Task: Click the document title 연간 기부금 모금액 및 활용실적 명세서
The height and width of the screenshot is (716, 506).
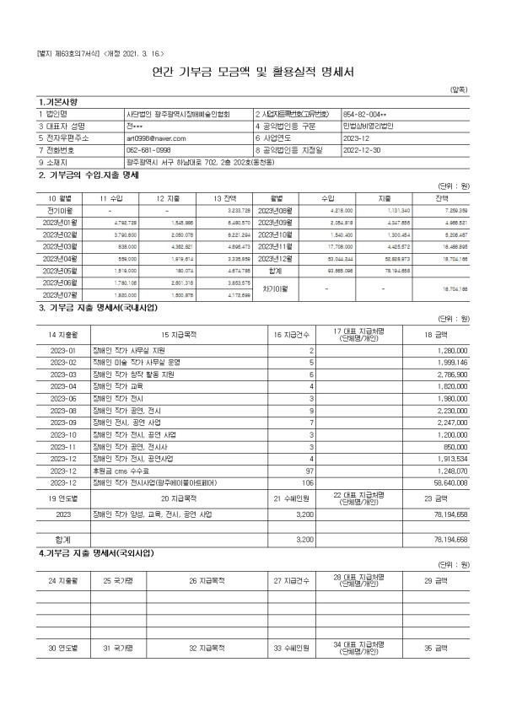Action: (253, 72)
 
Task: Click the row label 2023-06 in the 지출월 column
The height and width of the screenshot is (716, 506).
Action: (63, 397)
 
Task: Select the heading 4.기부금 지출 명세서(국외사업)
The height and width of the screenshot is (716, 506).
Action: (96, 553)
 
